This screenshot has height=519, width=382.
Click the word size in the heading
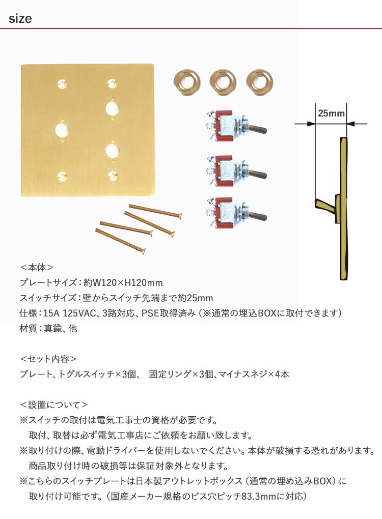[20, 18]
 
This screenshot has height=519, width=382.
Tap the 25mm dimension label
[331, 113]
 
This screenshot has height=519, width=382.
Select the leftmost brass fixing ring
[187, 82]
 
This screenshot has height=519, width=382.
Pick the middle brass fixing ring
[223, 82]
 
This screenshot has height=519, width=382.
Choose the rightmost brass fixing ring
[260, 82]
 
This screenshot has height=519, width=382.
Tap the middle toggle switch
[236, 171]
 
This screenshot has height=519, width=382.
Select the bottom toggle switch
[236, 214]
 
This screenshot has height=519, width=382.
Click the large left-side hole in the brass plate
[62, 129]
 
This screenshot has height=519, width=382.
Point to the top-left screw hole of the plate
[62, 83]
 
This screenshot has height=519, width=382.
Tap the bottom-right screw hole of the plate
[113, 176]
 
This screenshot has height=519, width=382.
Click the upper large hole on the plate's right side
[113, 108]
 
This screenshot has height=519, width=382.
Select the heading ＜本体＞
[37, 268]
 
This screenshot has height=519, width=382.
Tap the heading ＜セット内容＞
[48, 359]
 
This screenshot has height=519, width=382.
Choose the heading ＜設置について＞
[53, 405]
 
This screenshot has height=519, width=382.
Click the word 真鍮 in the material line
[52, 329]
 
